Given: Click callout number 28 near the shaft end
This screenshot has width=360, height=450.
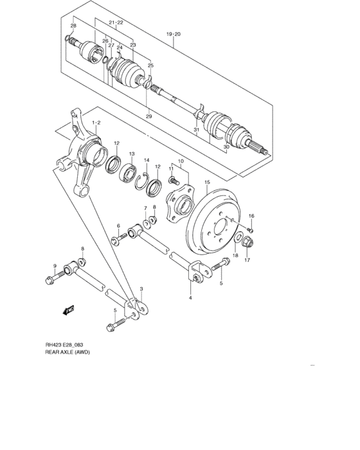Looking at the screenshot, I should pos(73,26).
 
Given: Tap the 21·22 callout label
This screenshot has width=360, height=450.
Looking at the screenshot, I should pos(116,22).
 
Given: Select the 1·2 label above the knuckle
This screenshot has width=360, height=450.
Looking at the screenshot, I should pos(96,122).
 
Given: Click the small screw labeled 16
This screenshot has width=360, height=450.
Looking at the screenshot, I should pos(251,230).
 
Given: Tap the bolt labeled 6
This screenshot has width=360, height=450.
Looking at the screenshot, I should pos(116,241).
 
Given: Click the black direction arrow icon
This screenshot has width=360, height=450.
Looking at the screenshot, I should pos(67,311).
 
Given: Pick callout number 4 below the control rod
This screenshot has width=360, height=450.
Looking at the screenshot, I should pos(190,298).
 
